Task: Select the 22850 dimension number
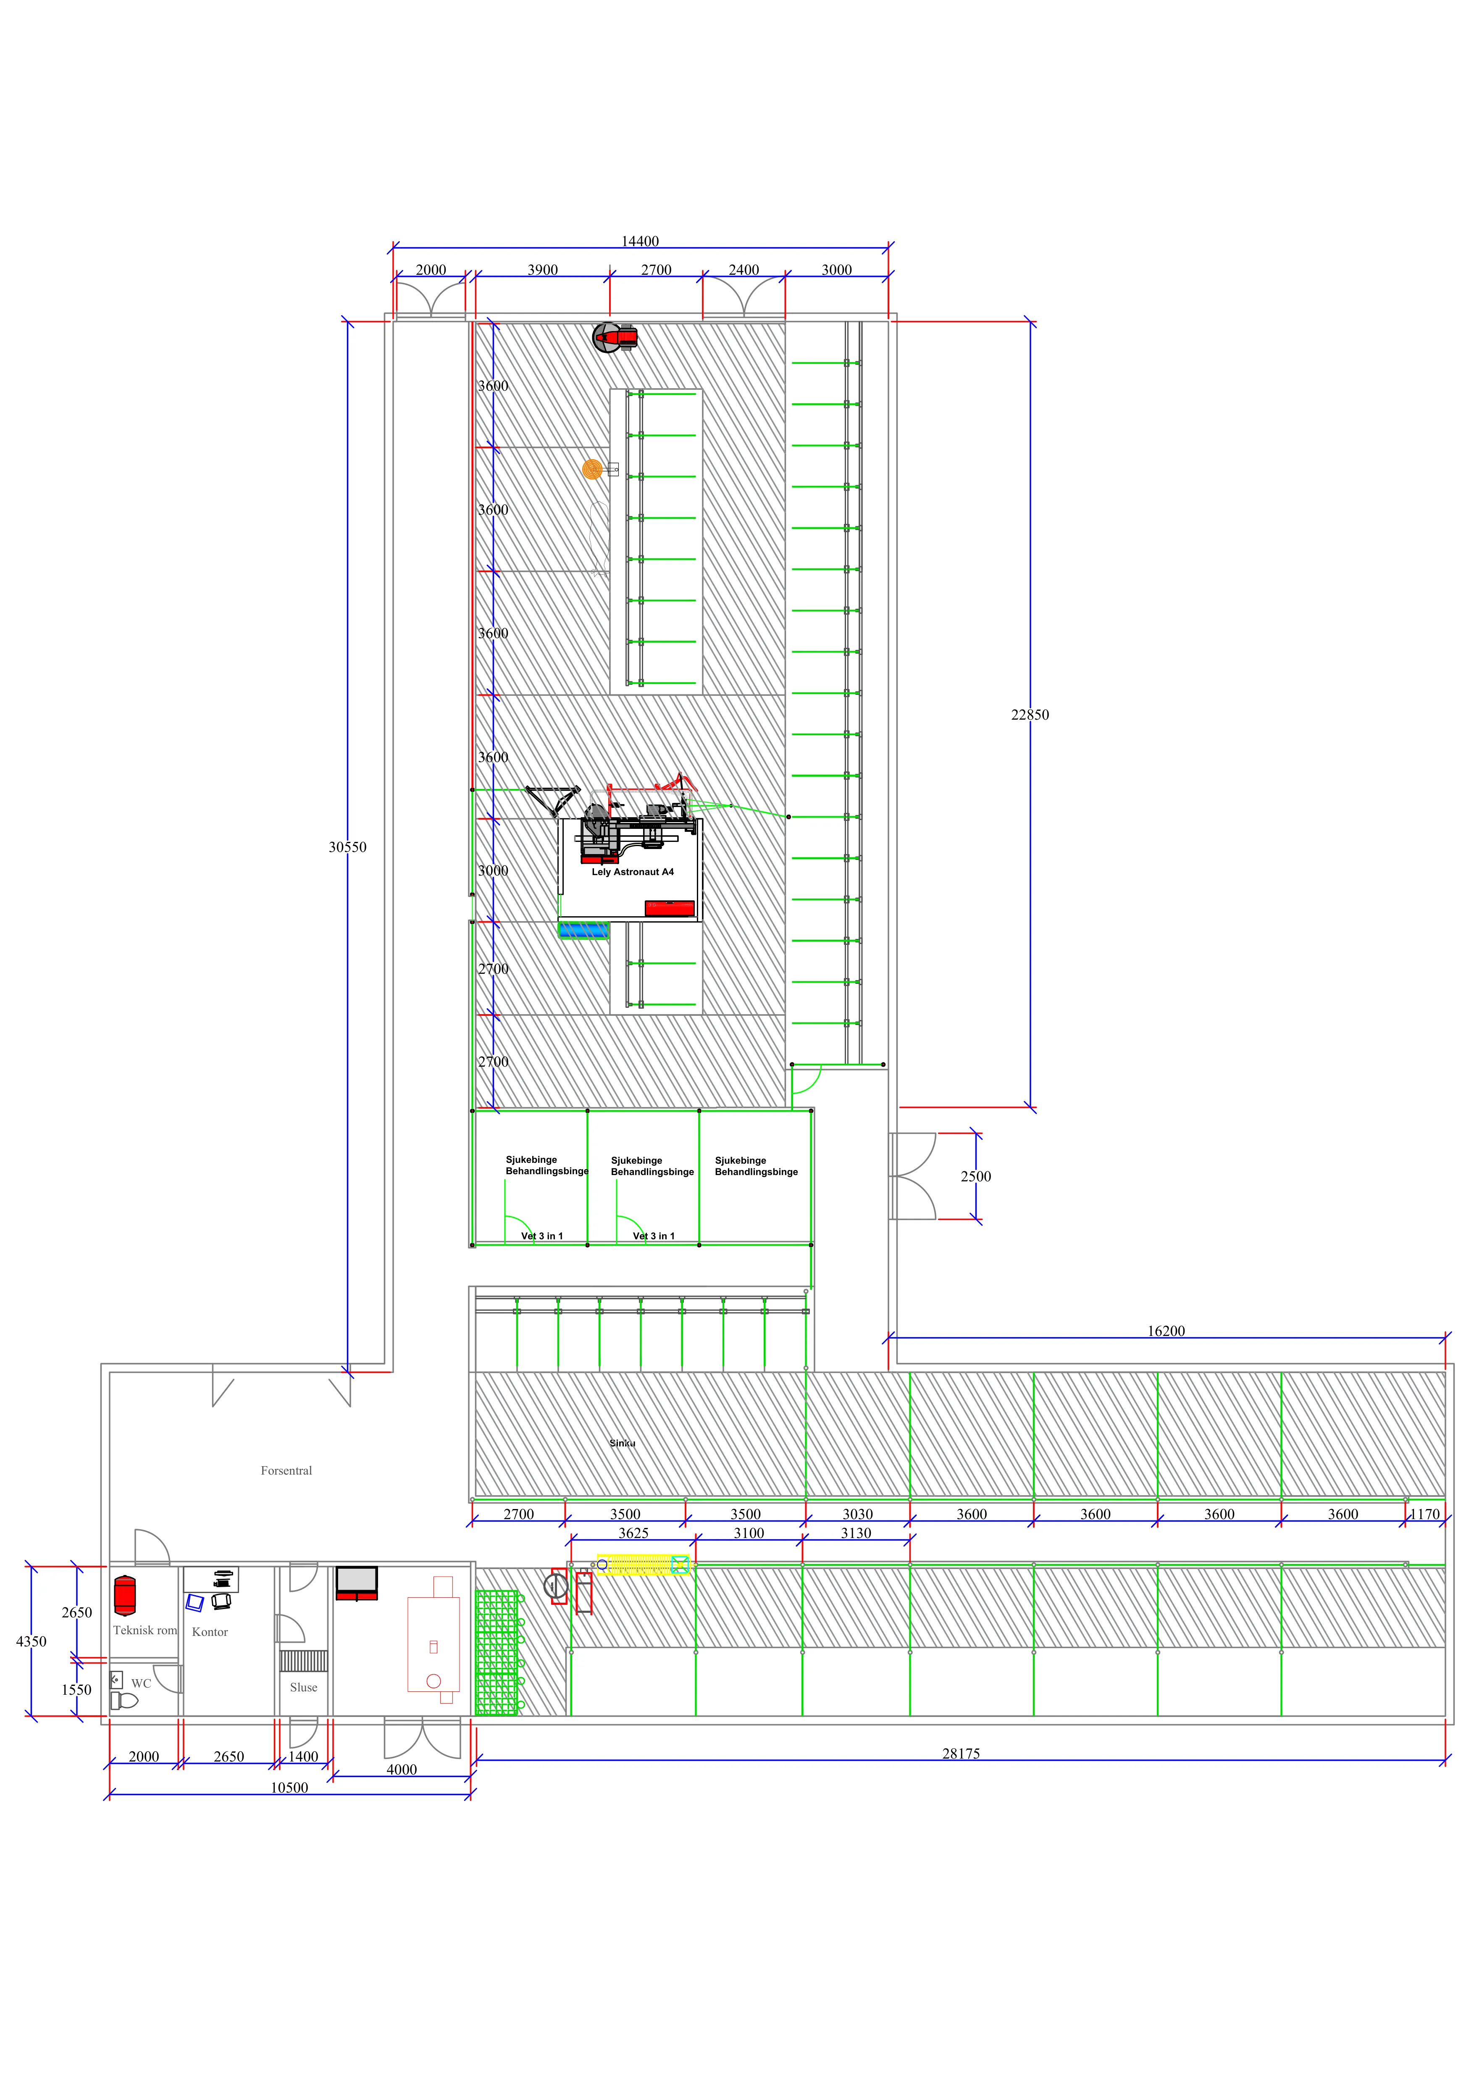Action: (1030, 715)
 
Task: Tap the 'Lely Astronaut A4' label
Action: (633, 872)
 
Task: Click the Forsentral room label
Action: (286, 1470)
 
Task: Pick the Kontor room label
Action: (210, 1632)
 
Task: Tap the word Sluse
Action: (303, 1687)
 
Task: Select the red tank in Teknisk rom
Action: (125, 1596)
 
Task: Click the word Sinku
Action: (622, 1443)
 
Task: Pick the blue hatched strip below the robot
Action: (583, 930)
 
